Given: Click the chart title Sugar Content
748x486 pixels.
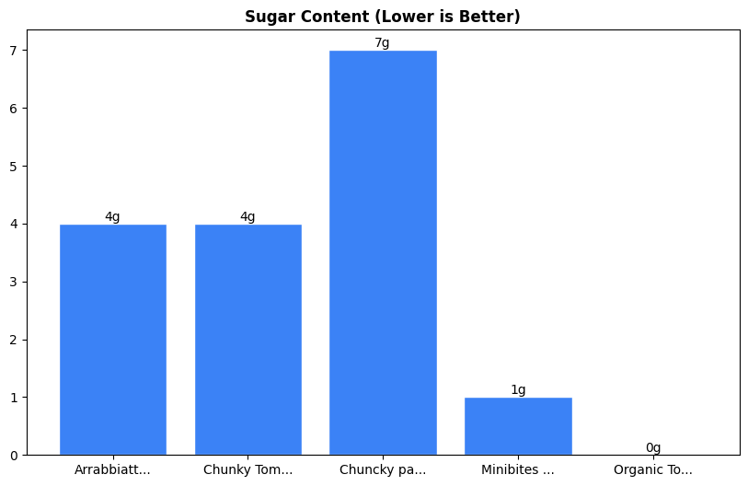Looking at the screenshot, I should [x=382, y=17].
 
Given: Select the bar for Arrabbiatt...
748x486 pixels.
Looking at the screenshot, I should [x=113, y=340].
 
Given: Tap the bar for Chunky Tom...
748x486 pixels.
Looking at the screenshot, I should [x=248, y=340].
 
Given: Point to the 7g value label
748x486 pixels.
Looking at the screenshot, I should [x=383, y=43].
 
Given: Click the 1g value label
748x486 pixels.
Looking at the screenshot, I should [x=518, y=390].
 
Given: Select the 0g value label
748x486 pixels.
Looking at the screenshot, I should [x=653, y=448].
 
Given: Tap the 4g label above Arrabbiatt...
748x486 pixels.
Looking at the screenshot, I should [x=113, y=217].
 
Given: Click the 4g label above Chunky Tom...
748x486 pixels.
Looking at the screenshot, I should [x=248, y=217].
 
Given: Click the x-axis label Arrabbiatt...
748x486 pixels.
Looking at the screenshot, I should [x=113, y=470].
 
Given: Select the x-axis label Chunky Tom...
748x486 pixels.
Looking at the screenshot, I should [x=248, y=470].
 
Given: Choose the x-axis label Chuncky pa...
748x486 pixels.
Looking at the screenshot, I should [x=383, y=470].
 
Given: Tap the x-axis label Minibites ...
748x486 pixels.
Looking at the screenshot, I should [x=518, y=470].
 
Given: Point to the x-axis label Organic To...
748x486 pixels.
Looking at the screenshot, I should [x=653, y=470].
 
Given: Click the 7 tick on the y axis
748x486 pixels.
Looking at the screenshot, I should [x=14, y=51].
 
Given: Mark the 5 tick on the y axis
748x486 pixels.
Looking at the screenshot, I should [x=14, y=167].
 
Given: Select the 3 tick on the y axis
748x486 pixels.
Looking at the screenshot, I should [x=14, y=282].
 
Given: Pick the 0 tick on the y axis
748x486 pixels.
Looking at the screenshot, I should [x=14, y=456].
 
